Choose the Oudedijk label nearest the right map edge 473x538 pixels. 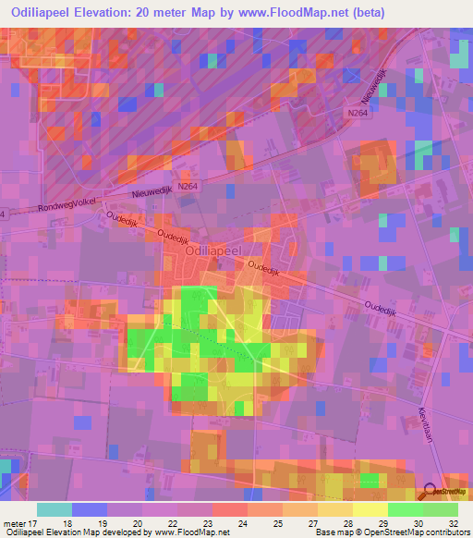(384, 308)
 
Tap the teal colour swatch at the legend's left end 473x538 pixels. (54, 508)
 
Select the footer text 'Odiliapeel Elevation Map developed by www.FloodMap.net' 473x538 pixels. (116, 532)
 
